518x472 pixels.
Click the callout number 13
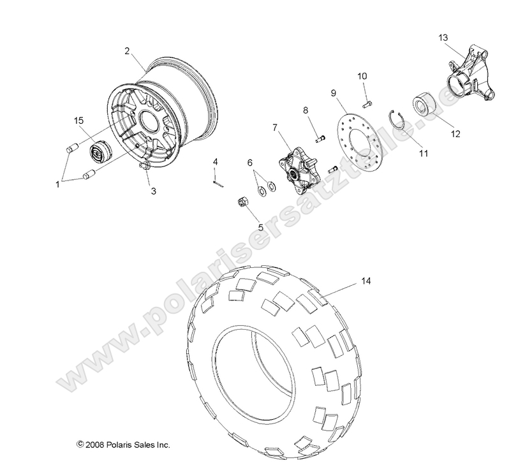[443, 38]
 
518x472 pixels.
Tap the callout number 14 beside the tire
[365, 281]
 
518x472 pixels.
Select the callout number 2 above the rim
[128, 50]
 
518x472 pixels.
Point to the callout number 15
[79, 120]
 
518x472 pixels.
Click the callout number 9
[332, 92]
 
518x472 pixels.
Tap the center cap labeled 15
[81, 153]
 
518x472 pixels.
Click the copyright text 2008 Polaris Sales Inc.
[123, 444]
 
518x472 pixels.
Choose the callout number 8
[306, 111]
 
